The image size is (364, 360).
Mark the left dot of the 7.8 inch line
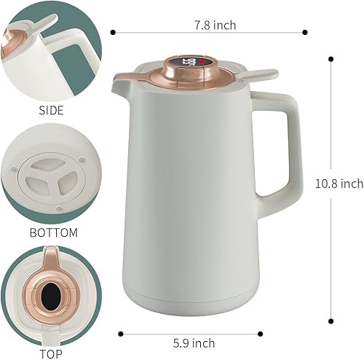[114, 31]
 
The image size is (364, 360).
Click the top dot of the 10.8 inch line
[331, 58]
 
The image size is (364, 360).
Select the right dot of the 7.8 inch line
[304, 31]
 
